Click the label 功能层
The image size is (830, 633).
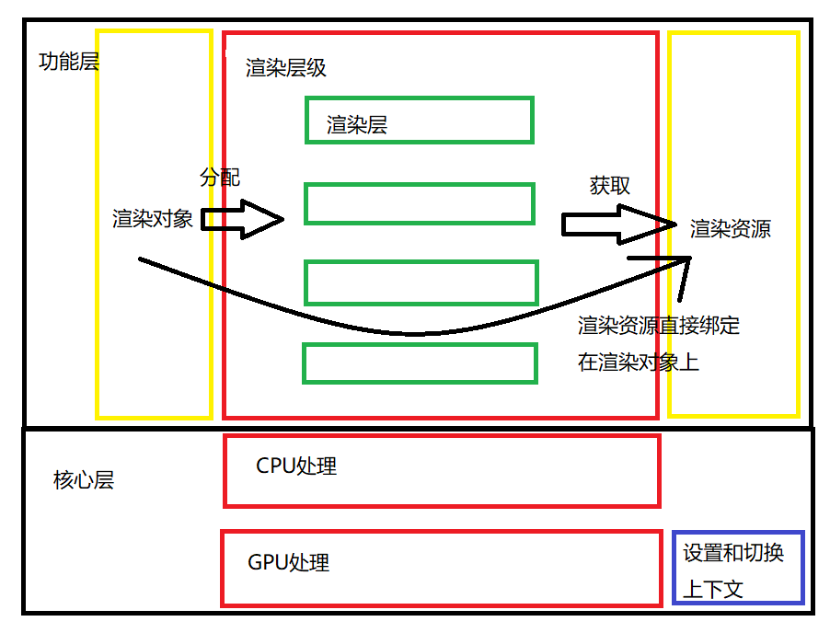click(x=69, y=62)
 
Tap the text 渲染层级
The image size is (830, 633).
click(x=286, y=68)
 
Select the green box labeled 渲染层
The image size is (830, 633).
click(x=420, y=121)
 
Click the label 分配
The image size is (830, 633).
click(x=220, y=177)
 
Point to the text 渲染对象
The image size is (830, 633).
click(x=153, y=219)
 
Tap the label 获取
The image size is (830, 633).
click(x=610, y=185)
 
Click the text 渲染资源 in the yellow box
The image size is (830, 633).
click(x=731, y=229)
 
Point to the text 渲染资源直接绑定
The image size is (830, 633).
click(x=659, y=325)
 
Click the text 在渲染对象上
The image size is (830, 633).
click(x=639, y=363)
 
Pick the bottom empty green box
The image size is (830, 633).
click(x=420, y=363)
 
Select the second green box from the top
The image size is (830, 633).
click(x=420, y=204)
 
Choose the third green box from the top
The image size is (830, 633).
click(x=421, y=283)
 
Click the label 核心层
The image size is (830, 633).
click(x=84, y=480)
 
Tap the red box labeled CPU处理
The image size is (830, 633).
click(x=442, y=471)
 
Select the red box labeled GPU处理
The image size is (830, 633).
click(x=442, y=569)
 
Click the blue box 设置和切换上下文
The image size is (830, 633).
click(x=739, y=568)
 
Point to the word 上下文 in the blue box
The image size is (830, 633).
click(x=713, y=589)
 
